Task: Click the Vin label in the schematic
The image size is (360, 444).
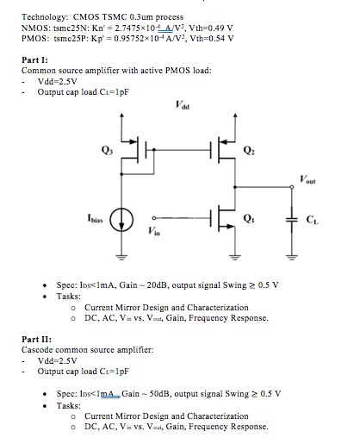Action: tap(153, 233)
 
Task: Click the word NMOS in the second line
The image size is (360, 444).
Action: tap(35, 28)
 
